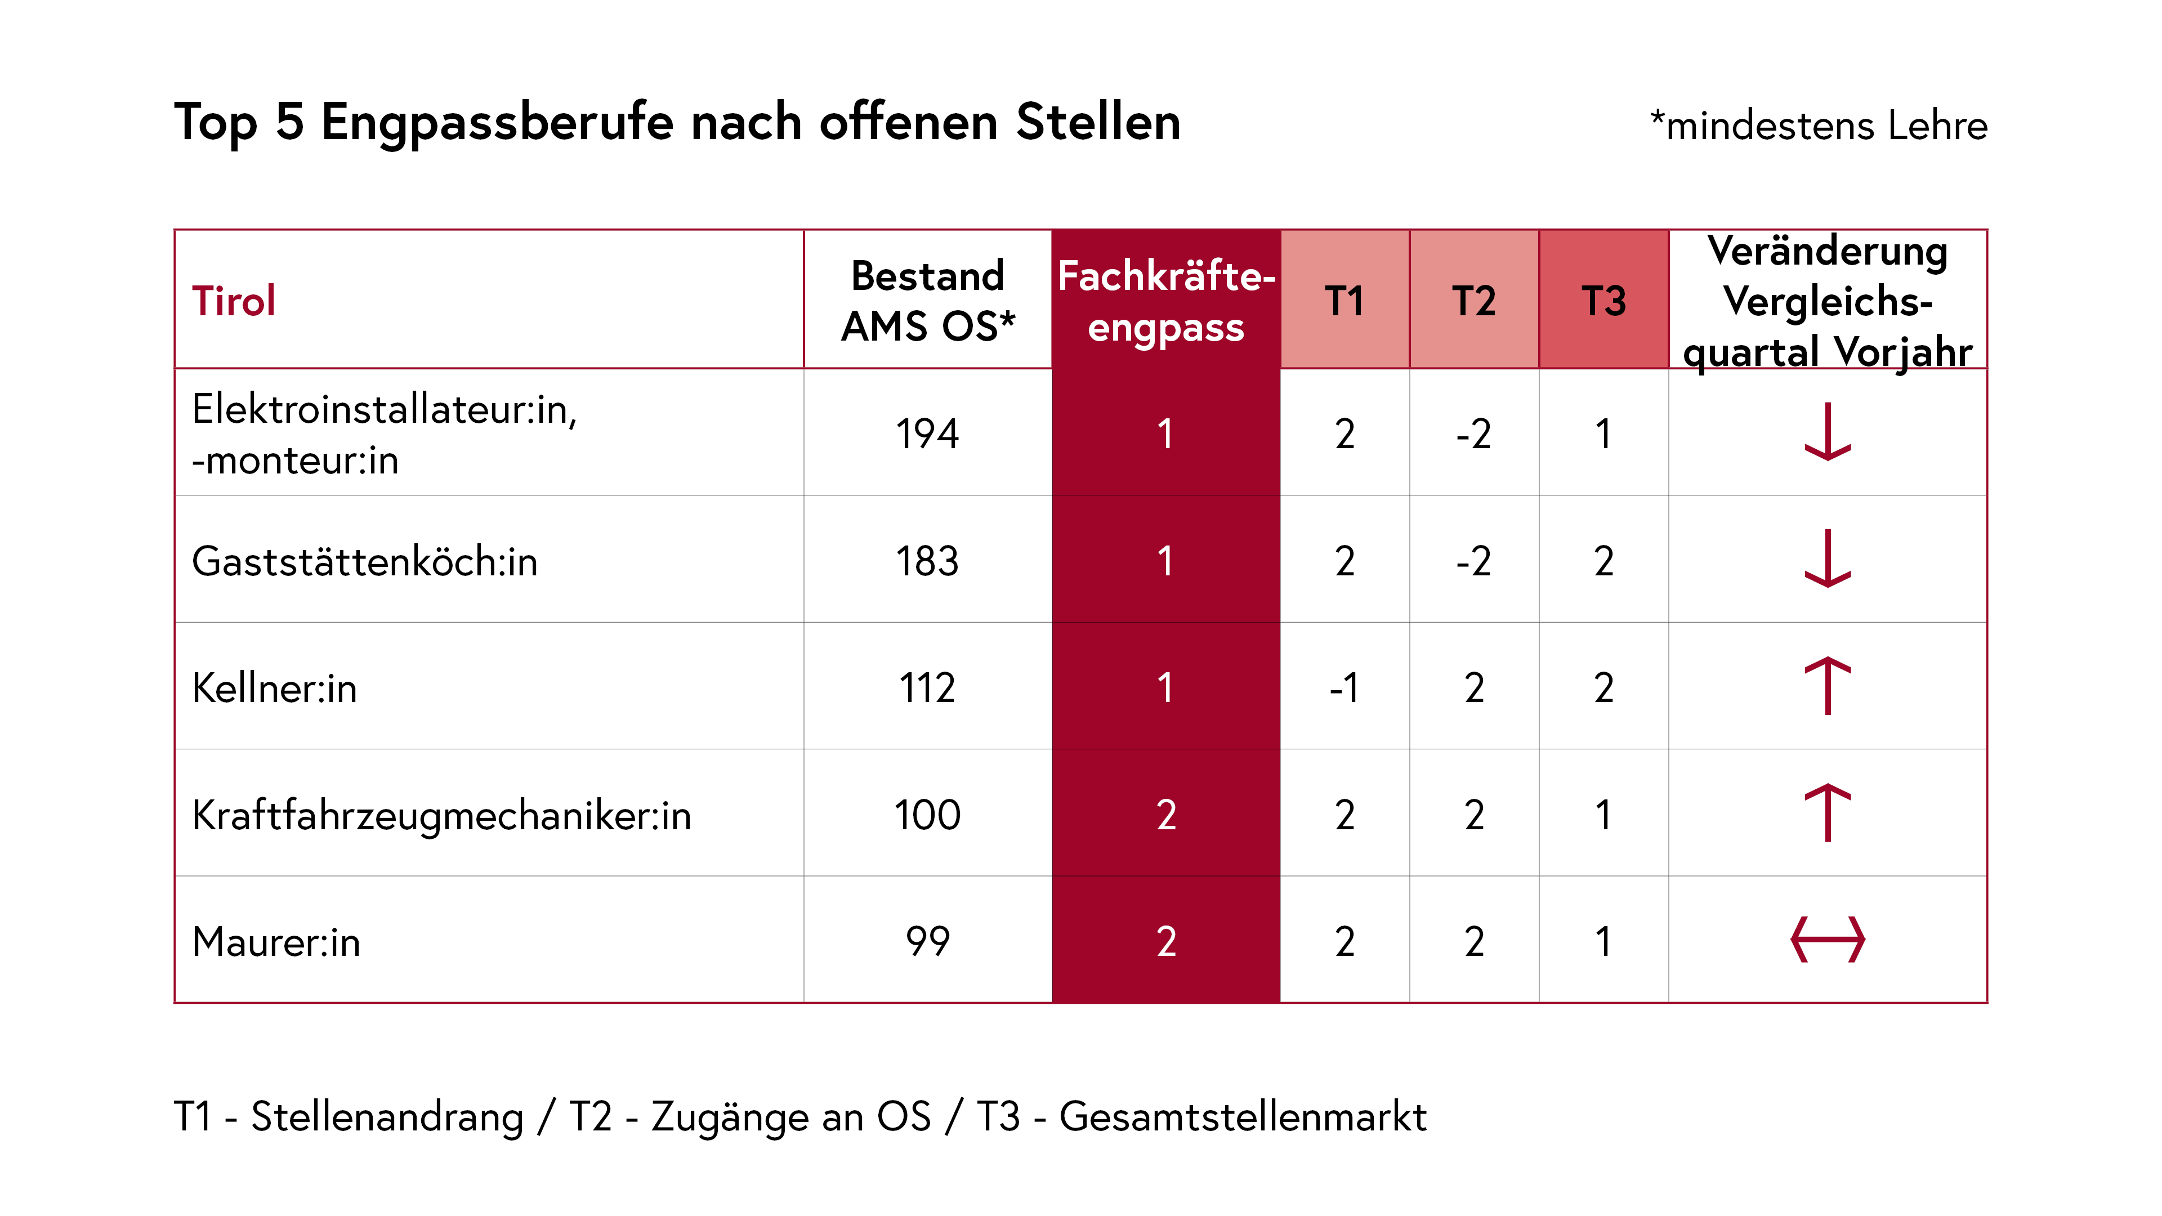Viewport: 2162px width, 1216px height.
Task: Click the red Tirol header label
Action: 233,301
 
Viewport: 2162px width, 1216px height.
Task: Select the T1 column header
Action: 1344,301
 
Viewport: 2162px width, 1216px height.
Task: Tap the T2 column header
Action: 1474,301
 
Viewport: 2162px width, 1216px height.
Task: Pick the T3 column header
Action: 1603,301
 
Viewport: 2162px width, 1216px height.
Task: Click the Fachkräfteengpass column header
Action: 1166,301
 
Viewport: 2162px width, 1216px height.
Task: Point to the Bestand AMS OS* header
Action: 927,301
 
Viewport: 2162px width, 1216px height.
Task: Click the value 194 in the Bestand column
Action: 927,434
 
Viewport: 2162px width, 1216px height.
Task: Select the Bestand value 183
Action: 927,561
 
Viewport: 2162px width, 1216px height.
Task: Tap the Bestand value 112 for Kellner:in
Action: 927,688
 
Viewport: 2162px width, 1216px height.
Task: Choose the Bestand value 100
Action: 927,815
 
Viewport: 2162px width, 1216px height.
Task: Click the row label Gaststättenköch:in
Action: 364,561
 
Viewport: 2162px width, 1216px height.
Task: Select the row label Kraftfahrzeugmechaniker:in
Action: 441,815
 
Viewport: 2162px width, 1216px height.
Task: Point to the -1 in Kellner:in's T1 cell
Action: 1344,688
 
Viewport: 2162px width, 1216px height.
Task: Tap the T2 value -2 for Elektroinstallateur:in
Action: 1474,434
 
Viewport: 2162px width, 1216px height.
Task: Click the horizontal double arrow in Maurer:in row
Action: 1827,940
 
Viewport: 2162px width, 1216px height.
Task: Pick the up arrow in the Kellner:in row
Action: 1827,686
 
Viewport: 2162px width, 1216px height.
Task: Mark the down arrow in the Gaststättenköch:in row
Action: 1827,559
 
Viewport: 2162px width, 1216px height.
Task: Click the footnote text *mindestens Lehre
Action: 1818,126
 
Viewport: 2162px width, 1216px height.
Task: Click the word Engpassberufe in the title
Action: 497,123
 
